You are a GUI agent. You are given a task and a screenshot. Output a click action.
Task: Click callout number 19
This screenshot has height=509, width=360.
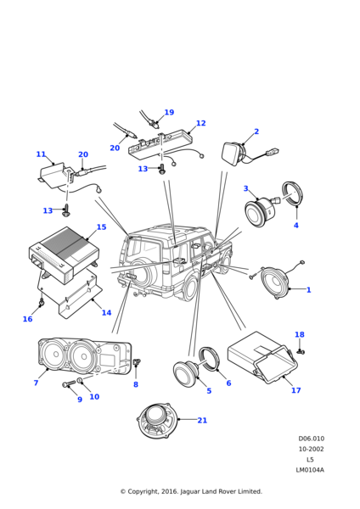[x=169, y=112]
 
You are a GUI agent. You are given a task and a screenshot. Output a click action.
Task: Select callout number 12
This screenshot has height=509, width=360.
[x=200, y=123]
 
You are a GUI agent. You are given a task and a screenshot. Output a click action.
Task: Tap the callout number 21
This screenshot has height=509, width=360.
[x=202, y=421]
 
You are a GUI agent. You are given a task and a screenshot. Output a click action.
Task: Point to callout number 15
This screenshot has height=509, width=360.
[x=101, y=227]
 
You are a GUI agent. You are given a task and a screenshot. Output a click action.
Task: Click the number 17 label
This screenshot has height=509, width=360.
[x=296, y=390]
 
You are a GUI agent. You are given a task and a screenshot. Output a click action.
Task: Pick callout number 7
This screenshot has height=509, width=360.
[x=36, y=383]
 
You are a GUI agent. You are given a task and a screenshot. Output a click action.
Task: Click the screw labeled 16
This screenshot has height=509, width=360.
[x=42, y=303]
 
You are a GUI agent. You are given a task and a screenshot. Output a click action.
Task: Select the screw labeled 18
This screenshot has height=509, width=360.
[x=301, y=351]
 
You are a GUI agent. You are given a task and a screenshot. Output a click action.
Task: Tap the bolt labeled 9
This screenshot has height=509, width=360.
[x=69, y=384]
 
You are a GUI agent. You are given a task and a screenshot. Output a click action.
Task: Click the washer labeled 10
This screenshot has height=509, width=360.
[x=80, y=381]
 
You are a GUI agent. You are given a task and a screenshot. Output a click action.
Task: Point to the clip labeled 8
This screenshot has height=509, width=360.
[x=137, y=361]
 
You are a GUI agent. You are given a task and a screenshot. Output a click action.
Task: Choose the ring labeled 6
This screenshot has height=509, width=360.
[x=209, y=359]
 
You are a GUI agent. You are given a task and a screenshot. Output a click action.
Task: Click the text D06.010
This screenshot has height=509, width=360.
[x=312, y=439]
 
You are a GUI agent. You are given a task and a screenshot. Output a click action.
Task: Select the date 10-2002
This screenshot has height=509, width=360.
[x=312, y=449]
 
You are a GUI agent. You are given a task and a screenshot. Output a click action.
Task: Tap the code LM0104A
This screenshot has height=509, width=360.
[x=310, y=470]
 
